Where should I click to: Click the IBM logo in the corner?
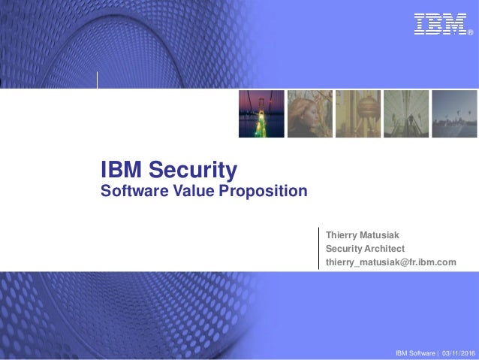pos(440,24)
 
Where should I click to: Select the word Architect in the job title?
pos(384,249)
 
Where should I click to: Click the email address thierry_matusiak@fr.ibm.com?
pos(390,262)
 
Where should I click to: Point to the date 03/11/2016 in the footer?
pos(459,353)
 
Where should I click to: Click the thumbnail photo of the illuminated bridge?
pos(261,114)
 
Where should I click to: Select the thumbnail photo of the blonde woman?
pos(309,114)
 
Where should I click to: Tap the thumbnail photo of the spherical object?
pos(357,114)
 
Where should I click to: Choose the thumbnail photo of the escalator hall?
pos(406,114)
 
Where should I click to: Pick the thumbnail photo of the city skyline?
pos(454,114)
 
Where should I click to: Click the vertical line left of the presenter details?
pos(318,248)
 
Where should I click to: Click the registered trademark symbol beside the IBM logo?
pos(470,33)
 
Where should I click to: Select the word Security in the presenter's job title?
pos(345,249)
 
